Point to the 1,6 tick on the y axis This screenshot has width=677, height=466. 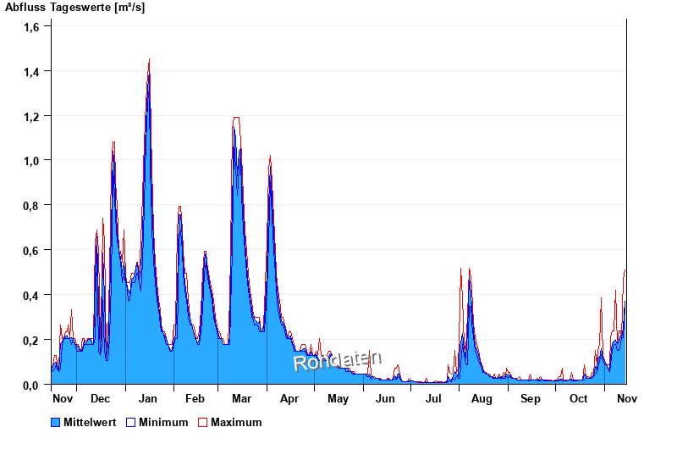pos(32,26)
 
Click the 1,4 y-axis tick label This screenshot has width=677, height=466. pos(32,71)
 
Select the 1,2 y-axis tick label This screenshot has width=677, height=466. pos(32,116)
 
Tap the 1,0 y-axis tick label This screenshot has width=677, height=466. pos(32,161)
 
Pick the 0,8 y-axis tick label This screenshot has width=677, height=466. pos(32,206)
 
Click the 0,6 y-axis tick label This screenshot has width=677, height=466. pos(32,251)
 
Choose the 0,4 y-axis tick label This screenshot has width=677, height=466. pos(32,296)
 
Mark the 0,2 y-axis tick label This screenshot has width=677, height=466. pos(32,341)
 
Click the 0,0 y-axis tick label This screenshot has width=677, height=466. pos(32,386)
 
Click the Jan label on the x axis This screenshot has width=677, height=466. pos(148,399)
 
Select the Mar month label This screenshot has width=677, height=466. pos(241,399)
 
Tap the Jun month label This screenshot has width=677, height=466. pos(386,399)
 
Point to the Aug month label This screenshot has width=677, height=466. pos(482,399)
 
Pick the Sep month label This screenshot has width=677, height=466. pos(531,399)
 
